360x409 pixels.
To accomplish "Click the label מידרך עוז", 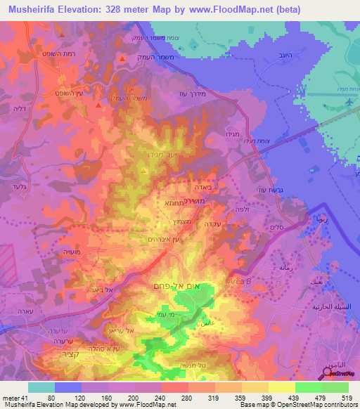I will click(192, 96).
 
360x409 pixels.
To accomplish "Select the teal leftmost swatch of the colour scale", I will click(41, 387).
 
